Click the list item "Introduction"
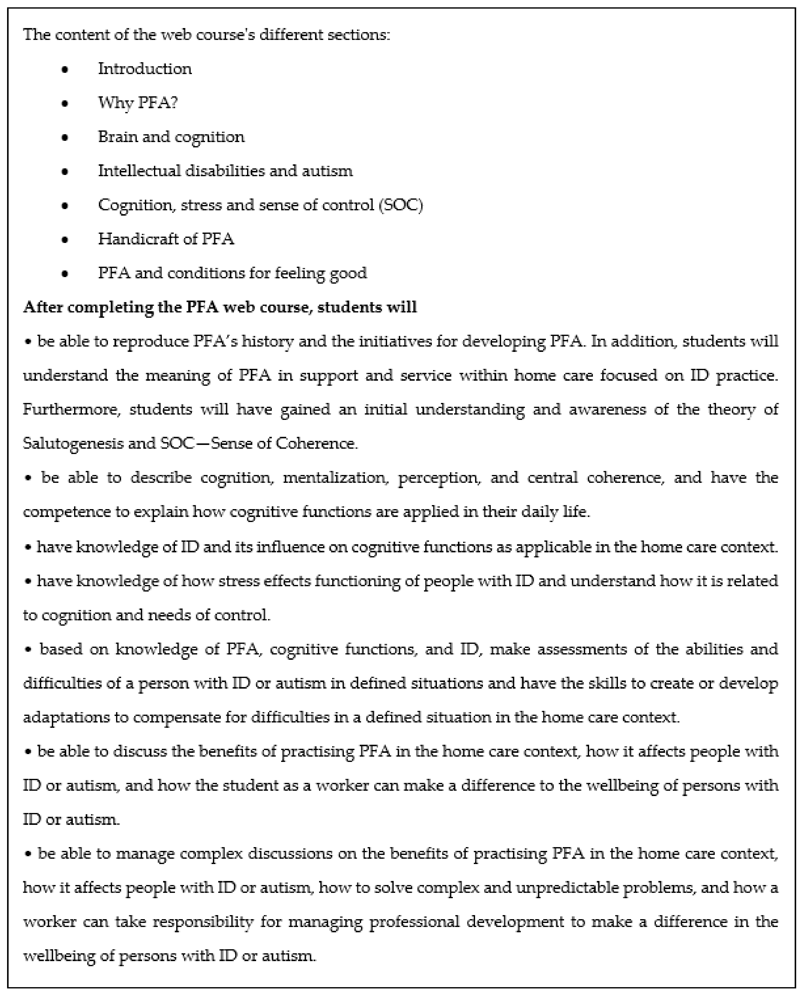click(145, 69)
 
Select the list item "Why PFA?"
click(138, 103)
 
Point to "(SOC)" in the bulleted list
click(400, 205)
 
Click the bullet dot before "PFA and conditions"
click(65, 273)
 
